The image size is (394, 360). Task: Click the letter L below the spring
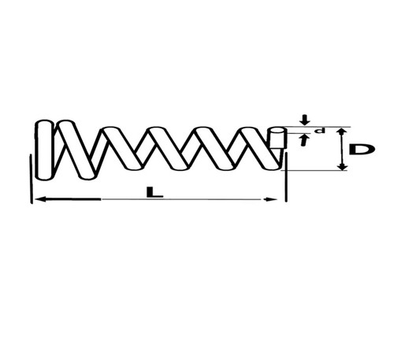(155, 192)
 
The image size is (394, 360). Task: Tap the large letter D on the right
(362, 149)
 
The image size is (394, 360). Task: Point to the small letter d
(321, 131)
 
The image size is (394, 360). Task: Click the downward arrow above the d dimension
(305, 120)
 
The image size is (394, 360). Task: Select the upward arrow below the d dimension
(304, 139)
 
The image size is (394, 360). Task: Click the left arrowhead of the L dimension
(41, 199)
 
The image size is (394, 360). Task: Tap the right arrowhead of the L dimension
(270, 199)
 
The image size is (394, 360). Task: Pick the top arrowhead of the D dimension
(341, 132)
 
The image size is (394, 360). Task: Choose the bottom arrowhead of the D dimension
(342, 166)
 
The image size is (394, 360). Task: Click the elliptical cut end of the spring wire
(277, 131)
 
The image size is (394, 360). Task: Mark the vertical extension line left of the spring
(32, 179)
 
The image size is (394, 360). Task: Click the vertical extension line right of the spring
(286, 178)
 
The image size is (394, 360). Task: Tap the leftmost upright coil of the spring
(45, 150)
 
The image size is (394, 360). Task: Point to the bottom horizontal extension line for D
(314, 170)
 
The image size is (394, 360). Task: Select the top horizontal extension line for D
(317, 127)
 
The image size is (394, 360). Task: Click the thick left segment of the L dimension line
(68, 199)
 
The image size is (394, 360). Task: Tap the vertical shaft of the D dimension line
(341, 149)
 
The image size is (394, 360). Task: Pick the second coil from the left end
(76, 150)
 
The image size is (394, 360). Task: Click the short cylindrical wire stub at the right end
(277, 138)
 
